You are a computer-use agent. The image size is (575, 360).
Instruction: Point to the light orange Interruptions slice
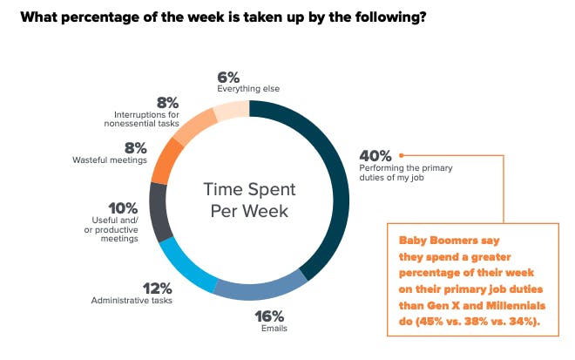193,126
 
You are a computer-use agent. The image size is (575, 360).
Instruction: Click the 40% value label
375,156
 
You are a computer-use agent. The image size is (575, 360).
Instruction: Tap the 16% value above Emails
269,316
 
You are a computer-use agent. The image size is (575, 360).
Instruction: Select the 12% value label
158,289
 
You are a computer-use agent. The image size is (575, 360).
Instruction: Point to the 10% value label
123,208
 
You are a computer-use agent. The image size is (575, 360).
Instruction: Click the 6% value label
228,78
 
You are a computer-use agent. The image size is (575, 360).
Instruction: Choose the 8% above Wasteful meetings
136,148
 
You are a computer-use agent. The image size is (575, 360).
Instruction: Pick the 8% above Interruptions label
168,103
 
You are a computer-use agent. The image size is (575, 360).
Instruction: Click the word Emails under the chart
274,329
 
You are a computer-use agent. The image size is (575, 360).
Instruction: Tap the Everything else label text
248,89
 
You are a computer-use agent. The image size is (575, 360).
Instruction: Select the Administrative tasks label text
132,301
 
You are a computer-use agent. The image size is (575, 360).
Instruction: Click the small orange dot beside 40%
401,156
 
